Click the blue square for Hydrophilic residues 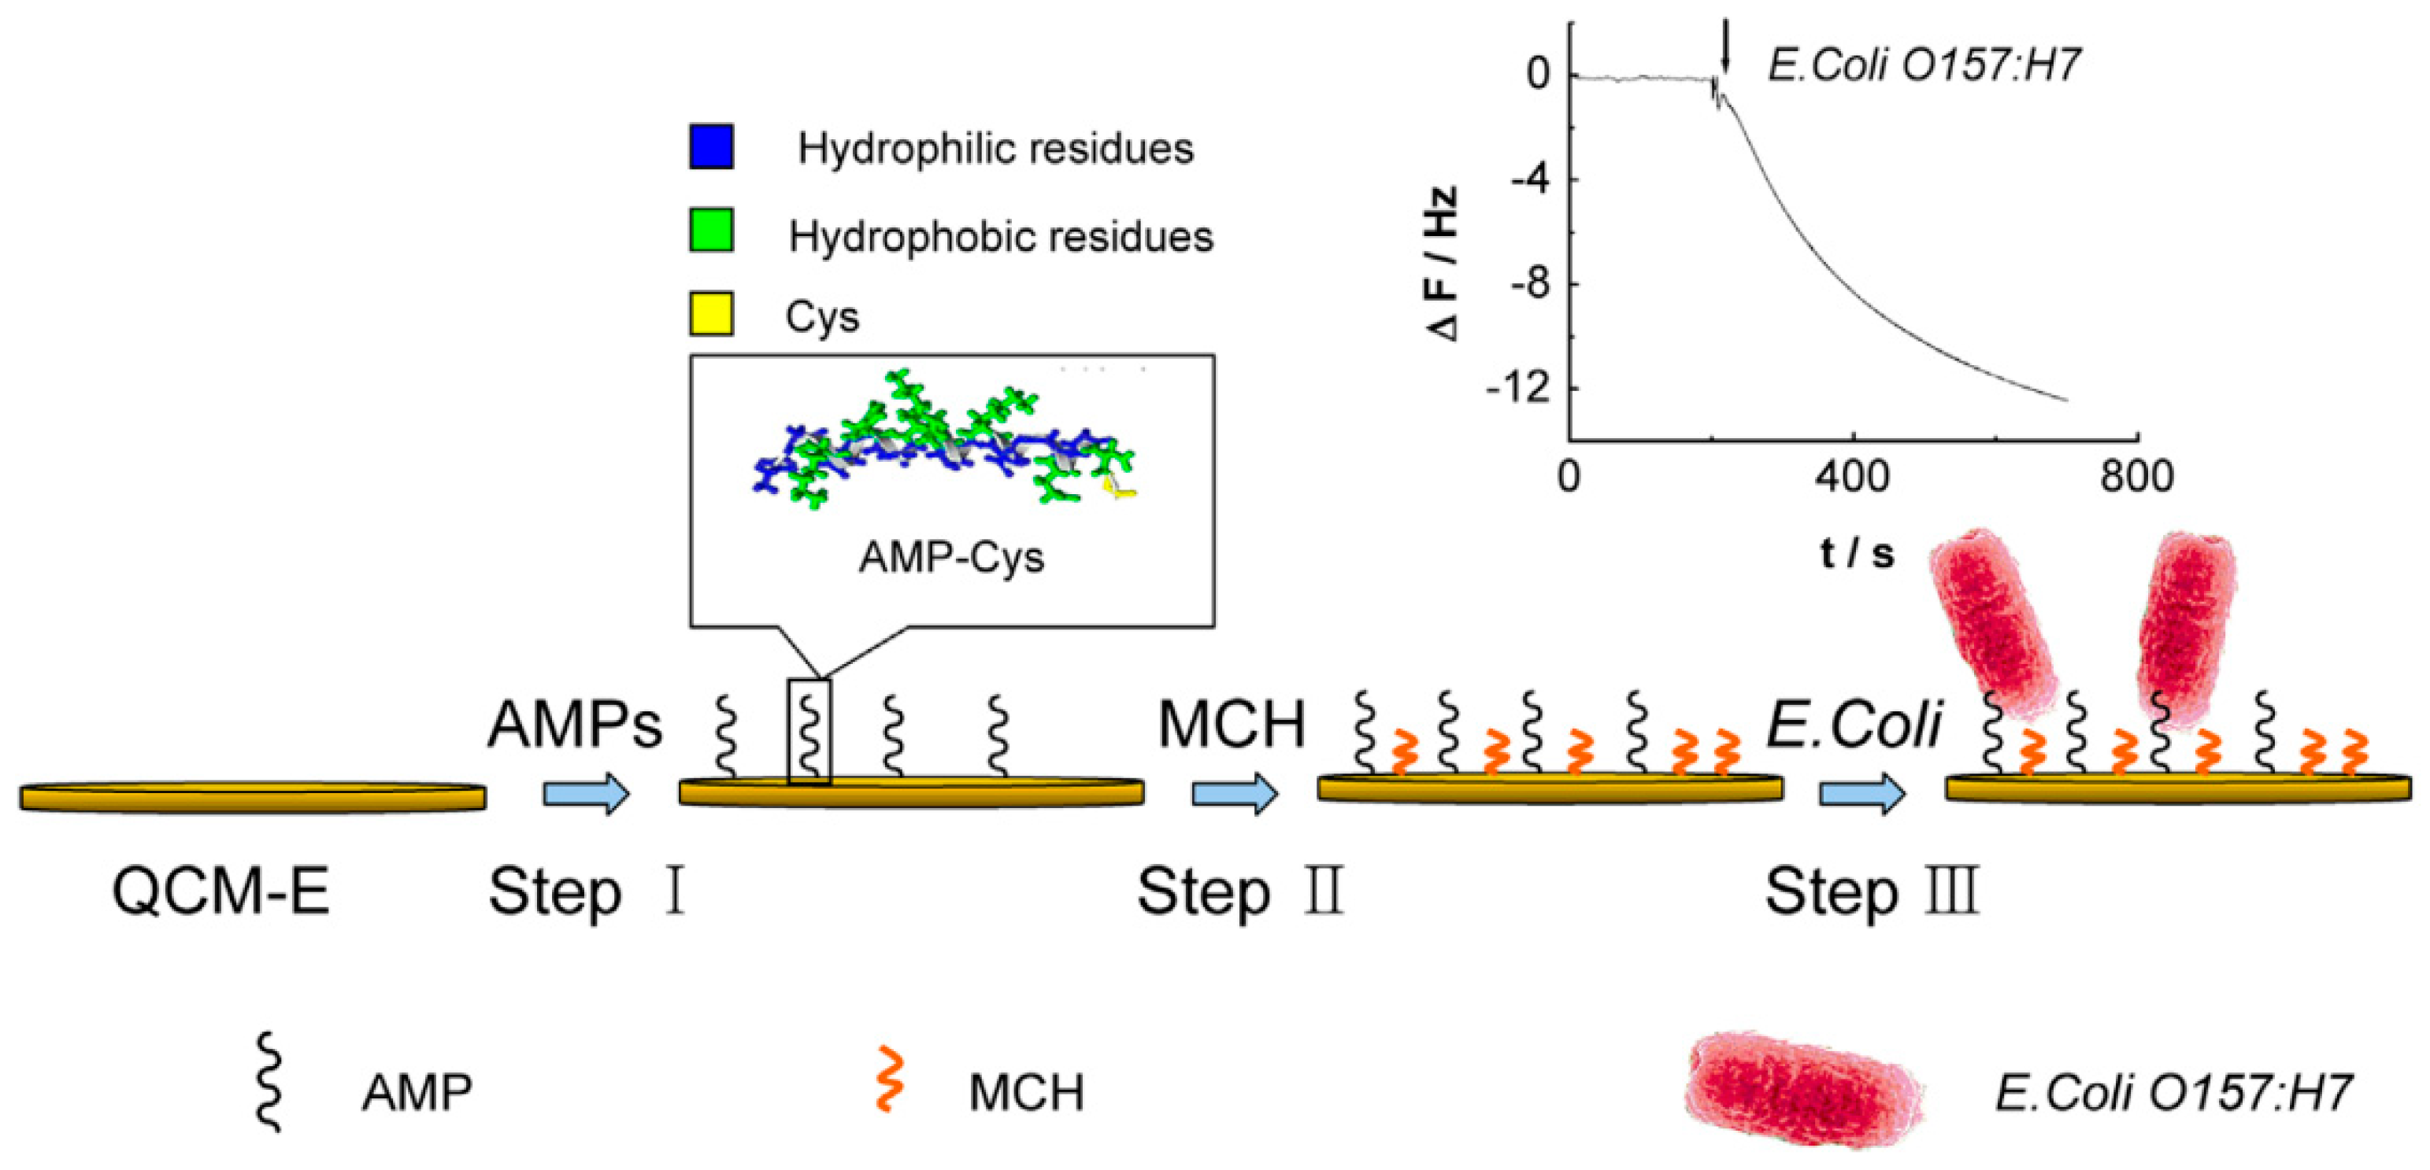[711, 147]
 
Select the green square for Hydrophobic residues [711, 231]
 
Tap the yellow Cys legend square [711, 314]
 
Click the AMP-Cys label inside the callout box [951, 557]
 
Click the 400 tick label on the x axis [1853, 476]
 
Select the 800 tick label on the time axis [2136, 476]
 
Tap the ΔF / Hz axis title [1443, 264]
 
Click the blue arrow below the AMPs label [586, 794]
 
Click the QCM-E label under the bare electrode [220, 891]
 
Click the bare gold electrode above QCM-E [253, 798]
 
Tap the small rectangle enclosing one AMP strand [809, 732]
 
